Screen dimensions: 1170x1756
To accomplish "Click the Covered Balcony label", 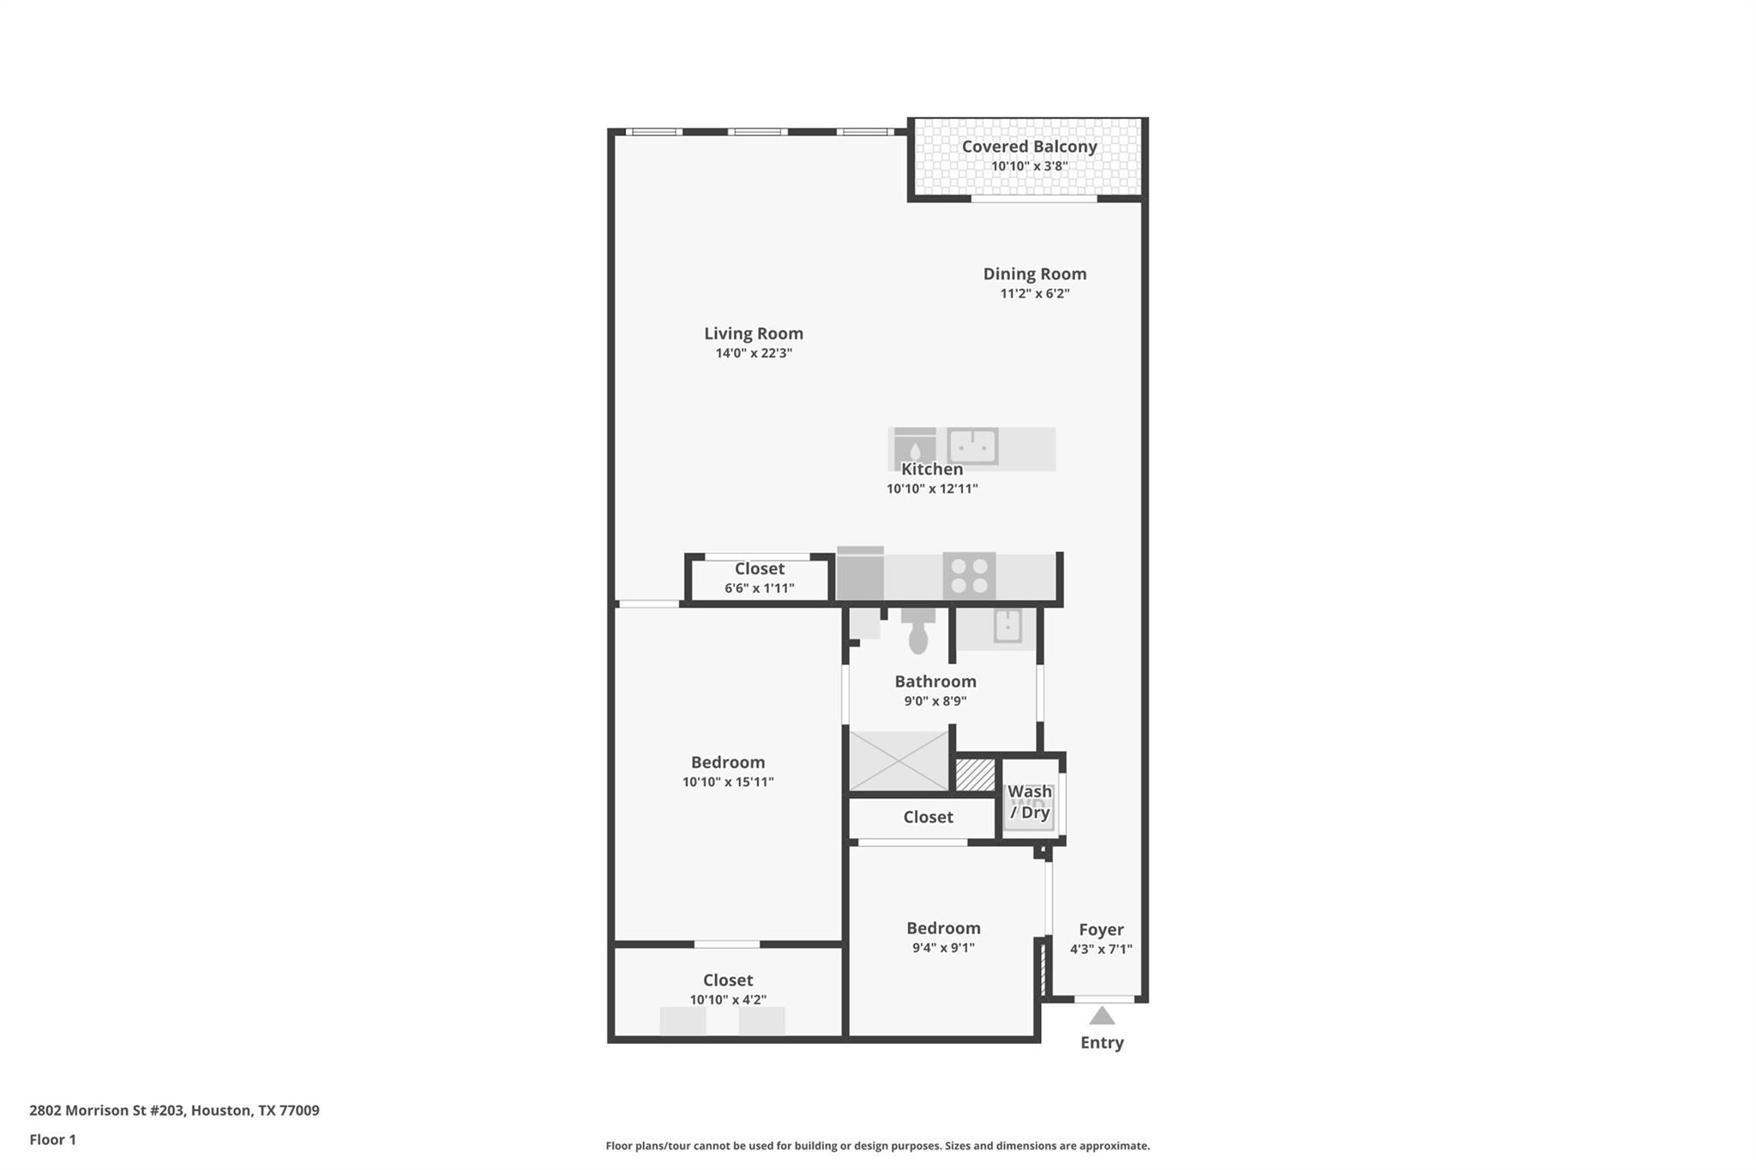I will click(1029, 147).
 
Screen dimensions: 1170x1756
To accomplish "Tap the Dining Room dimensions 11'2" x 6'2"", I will click(1034, 293).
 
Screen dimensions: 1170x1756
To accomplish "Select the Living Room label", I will click(753, 333).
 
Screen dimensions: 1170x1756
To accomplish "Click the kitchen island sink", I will click(972, 446).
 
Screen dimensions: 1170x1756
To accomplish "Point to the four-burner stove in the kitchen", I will click(969, 575).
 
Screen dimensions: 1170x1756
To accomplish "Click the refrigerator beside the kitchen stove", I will click(860, 575).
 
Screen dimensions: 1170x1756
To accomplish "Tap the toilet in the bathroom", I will click(917, 633).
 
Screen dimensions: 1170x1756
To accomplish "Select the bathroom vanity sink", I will click(1007, 626).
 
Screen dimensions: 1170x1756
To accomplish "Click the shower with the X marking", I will click(899, 760).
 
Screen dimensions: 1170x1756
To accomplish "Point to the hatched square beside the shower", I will click(975, 775).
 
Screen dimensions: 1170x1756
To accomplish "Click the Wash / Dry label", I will click(1029, 801).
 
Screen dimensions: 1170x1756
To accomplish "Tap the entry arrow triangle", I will click(1102, 1017).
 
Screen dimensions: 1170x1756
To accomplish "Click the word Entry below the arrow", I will click(1102, 1042).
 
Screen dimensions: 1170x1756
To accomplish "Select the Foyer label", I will click(1101, 929).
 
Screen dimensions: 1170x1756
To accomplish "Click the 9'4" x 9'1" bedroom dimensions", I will click(942, 948).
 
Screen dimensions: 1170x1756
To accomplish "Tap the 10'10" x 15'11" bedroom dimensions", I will click(728, 782).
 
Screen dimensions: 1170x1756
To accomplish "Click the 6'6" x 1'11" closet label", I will click(759, 588).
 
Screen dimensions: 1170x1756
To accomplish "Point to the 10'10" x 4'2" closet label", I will click(728, 999).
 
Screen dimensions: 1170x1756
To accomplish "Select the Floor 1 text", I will click(52, 1139).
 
